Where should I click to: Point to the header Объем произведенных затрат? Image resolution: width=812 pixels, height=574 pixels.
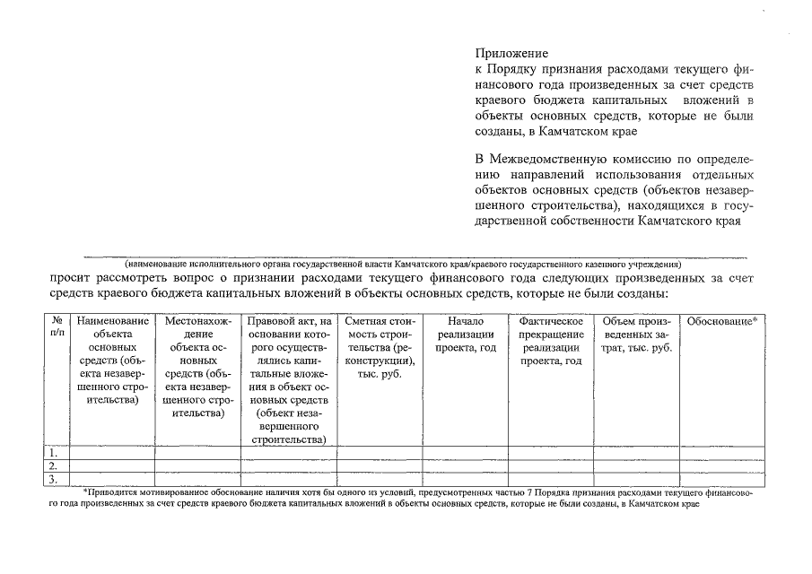(x=637, y=334)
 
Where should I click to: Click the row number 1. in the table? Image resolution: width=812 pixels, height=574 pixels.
(x=54, y=454)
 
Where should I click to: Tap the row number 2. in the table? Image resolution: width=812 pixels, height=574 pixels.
(x=54, y=466)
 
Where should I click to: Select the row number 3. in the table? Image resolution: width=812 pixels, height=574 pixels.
(x=54, y=479)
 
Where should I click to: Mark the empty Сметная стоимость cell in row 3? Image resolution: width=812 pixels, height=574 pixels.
(x=379, y=479)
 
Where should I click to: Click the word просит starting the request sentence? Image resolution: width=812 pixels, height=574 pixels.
(x=71, y=278)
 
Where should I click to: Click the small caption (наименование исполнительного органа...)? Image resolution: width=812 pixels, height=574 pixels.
(x=403, y=265)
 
